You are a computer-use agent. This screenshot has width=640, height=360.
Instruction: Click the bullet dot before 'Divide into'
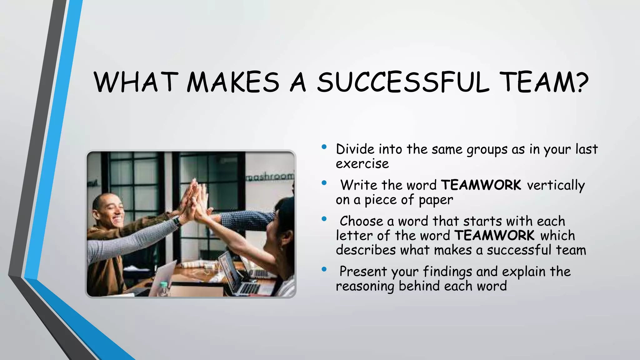click(324, 147)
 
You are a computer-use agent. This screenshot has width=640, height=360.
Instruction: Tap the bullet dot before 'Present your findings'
click(324, 269)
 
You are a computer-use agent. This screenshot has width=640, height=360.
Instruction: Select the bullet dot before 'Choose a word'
click(324, 219)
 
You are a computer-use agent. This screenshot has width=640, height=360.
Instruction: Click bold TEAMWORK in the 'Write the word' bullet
click(481, 185)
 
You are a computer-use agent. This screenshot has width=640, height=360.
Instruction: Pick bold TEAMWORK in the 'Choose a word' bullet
click(494, 236)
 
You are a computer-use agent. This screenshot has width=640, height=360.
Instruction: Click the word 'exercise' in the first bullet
click(362, 164)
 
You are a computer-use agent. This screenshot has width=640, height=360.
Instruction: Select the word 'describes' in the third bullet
click(366, 250)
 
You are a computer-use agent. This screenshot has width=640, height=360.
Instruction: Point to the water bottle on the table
click(164, 289)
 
